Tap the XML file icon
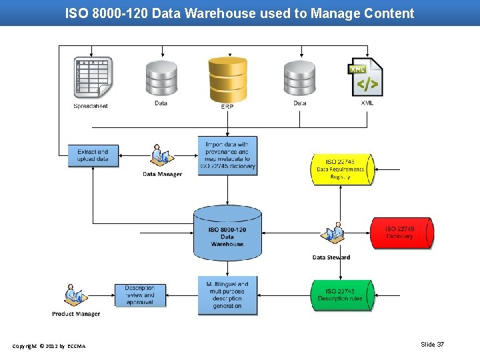[x=367, y=77]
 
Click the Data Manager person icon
[x=160, y=155]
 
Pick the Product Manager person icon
[x=75, y=295]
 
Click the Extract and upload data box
[x=88, y=156]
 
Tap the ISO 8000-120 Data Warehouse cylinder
[x=227, y=233]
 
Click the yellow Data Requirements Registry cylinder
[x=340, y=170]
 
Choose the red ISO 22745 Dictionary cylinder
[x=401, y=233]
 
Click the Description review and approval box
[x=139, y=295]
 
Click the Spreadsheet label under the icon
[x=91, y=106]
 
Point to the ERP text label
[x=227, y=107]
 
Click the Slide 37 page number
[x=432, y=345]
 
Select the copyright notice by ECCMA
[x=49, y=345]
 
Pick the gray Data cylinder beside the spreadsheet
[x=161, y=79]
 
